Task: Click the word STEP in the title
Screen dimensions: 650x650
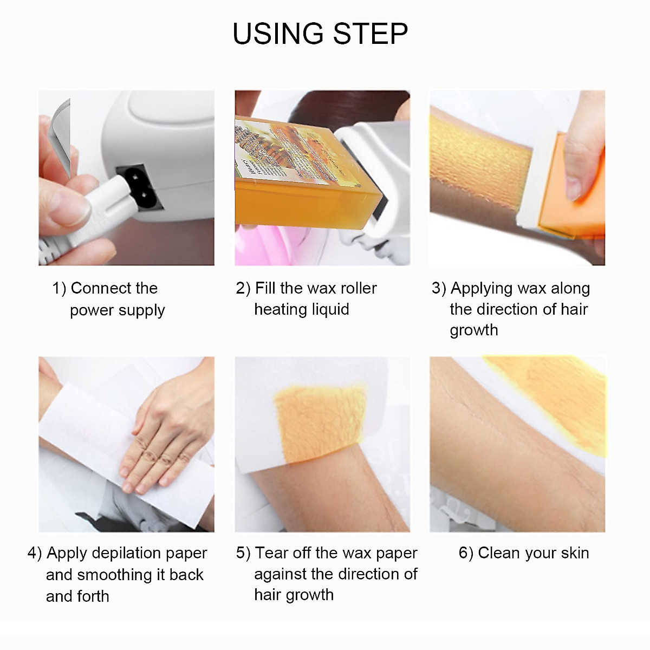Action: [370, 34]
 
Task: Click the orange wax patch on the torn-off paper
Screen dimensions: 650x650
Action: [320, 422]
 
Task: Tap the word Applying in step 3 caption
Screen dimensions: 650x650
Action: [481, 289]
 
